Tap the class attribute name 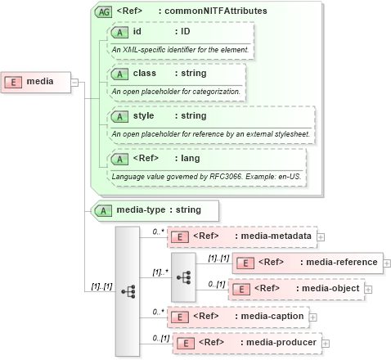click(x=145, y=74)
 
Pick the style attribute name click(x=143, y=116)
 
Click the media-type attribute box click(x=155, y=210)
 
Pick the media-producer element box click(x=245, y=342)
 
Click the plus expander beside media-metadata click(x=321, y=236)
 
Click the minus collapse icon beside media click(x=74, y=82)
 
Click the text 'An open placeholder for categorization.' click(x=176, y=92)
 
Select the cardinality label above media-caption click(x=160, y=310)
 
